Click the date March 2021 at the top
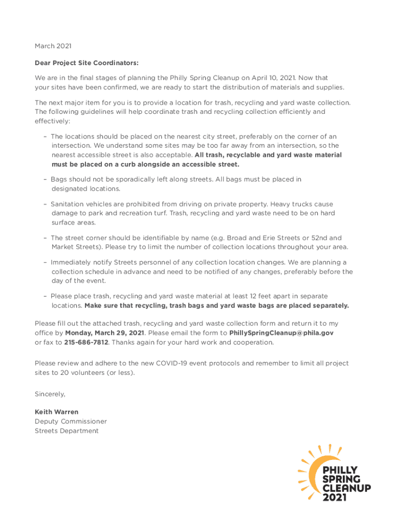(x=53, y=46)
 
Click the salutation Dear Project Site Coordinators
(x=86, y=63)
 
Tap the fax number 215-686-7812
(x=86, y=342)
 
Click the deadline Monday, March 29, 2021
(x=104, y=333)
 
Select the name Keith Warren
(x=56, y=412)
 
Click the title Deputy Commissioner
(x=71, y=421)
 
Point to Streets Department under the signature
(x=67, y=431)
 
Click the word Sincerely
(x=50, y=394)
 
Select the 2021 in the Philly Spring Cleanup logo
(x=334, y=497)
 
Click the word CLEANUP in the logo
(x=346, y=488)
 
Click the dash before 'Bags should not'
(x=46, y=179)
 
